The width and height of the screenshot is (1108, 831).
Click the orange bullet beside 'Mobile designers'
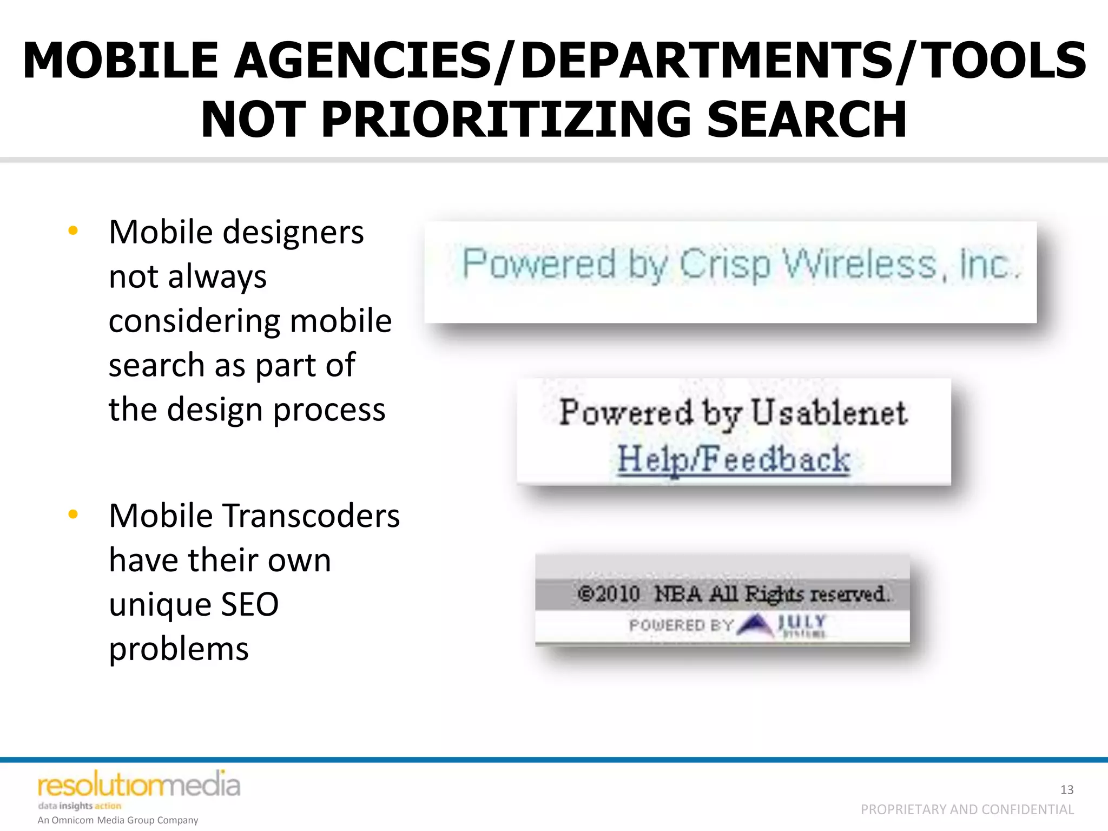[x=73, y=231]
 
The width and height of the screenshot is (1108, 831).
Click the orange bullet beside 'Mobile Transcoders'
[x=73, y=514]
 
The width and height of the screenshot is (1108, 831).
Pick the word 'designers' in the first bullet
[x=293, y=233]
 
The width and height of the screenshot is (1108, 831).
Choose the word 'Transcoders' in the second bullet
[x=311, y=516]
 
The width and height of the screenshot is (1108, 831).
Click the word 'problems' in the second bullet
[x=179, y=649]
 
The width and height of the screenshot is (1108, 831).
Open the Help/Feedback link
[x=734, y=459]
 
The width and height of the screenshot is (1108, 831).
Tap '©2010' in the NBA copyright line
[x=609, y=594]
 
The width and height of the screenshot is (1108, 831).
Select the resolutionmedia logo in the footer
[x=138, y=786]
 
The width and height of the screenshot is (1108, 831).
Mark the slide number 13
[x=1066, y=790]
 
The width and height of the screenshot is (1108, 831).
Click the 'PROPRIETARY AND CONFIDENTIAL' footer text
[x=967, y=809]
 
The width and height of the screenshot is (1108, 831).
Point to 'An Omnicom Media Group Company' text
[x=118, y=820]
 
